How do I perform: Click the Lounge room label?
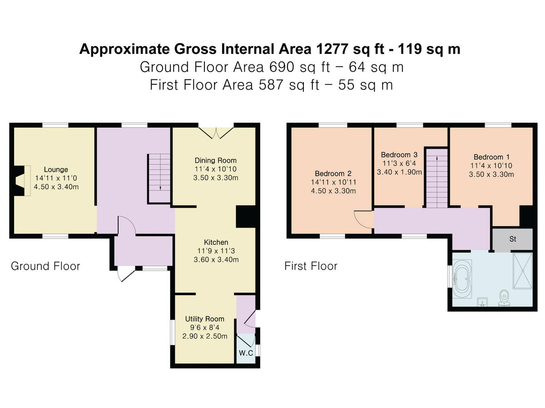56,170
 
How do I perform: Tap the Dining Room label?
216,160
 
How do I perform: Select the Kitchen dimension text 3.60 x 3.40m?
216,260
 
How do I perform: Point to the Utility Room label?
204,319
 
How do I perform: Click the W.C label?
246,353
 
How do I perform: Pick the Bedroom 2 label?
333,174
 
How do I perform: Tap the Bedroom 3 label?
399,155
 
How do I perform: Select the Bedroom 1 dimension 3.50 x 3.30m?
491,175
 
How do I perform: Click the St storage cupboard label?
512,239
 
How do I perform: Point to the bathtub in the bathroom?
462,279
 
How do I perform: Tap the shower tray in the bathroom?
523,271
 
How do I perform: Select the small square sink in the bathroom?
482,302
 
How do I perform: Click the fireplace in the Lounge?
22,181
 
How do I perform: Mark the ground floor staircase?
159,179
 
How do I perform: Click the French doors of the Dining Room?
216,132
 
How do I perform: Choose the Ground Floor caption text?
45,266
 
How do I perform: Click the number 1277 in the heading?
332,49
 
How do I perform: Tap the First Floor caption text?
311,266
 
